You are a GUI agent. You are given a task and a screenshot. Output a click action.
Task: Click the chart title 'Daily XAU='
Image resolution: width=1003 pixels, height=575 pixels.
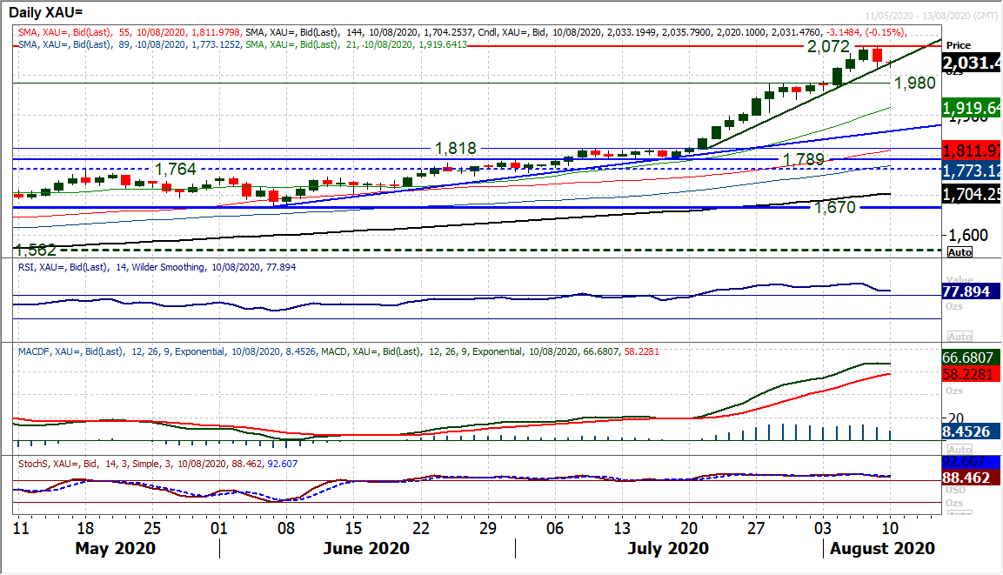(51, 13)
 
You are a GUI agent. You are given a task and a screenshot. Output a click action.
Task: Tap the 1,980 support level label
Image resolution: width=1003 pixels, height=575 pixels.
(914, 84)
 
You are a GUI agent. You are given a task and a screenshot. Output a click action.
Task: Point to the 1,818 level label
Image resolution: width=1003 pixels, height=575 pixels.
(456, 149)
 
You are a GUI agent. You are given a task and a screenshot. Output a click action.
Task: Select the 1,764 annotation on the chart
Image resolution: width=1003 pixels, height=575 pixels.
(175, 168)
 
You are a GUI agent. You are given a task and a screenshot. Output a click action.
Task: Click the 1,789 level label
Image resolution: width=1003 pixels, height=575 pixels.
(804, 160)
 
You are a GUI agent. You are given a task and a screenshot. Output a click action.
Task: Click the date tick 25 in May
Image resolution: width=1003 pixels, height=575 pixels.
(153, 528)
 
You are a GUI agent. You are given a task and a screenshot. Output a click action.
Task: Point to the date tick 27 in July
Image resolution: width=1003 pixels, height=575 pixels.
(756, 528)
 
